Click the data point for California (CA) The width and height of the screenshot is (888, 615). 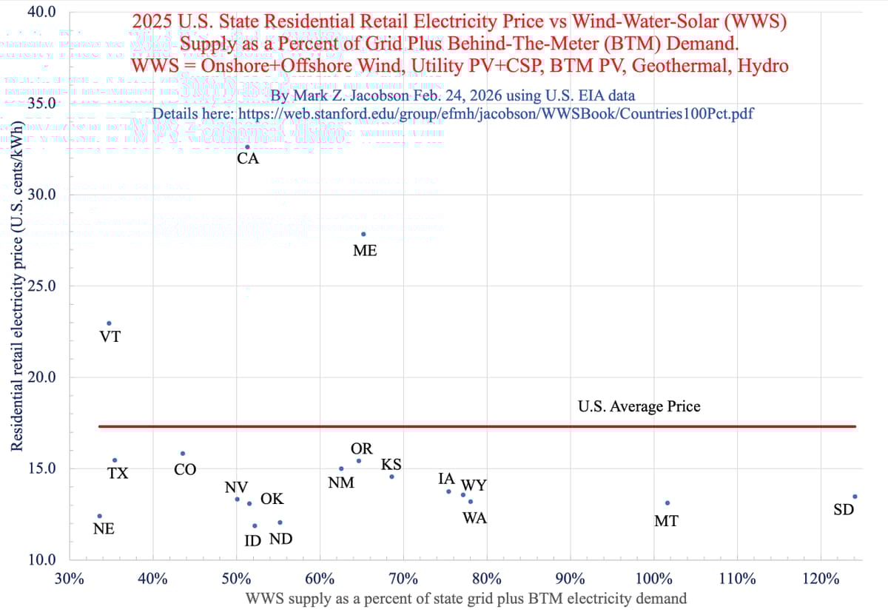[247, 147]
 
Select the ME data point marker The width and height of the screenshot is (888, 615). [363, 234]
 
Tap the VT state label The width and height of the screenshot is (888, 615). [110, 337]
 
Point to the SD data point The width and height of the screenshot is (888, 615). [855, 497]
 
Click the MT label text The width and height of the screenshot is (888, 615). [667, 521]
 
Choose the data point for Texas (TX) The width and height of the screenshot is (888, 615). [115, 460]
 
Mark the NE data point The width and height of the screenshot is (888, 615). [100, 516]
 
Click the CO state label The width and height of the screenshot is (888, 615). [185, 469]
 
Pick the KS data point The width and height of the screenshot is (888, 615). [391, 477]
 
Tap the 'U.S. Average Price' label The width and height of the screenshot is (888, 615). [639, 406]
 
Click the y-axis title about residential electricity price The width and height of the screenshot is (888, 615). [16, 296]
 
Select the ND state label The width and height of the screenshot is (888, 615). [280, 539]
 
